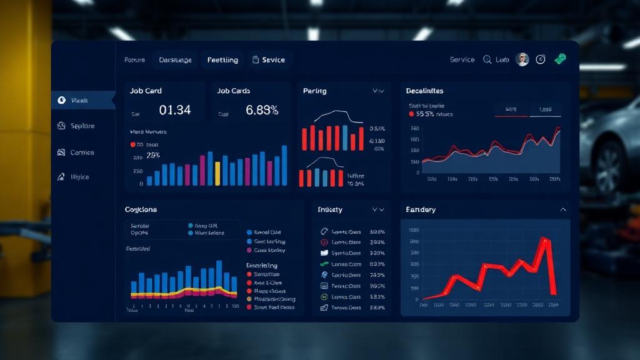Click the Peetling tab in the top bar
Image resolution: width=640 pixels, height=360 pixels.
click(x=222, y=60)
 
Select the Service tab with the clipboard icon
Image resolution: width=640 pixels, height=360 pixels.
click(x=269, y=60)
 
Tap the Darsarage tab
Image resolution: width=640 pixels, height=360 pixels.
click(x=175, y=60)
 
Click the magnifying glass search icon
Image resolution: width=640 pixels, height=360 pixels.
click(x=487, y=60)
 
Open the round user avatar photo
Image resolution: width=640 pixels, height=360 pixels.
click(x=522, y=59)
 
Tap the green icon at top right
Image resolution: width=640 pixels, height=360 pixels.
click(x=560, y=59)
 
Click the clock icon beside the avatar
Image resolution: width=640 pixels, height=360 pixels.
click(x=541, y=59)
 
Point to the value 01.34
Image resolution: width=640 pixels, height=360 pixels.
click(x=175, y=110)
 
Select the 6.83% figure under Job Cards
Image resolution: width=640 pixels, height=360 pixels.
click(x=262, y=110)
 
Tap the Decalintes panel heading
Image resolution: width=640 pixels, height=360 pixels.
click(x=424, y=91)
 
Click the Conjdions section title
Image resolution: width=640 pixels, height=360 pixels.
click(x=141, y=210)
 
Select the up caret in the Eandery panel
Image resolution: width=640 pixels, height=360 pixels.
click(x=563, y=210)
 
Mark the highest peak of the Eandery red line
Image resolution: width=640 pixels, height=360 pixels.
click(x=545, y=239)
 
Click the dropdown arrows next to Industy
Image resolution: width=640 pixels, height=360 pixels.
click(x=377, y=210)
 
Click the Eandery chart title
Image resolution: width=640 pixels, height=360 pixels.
click(x=421, y=210)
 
